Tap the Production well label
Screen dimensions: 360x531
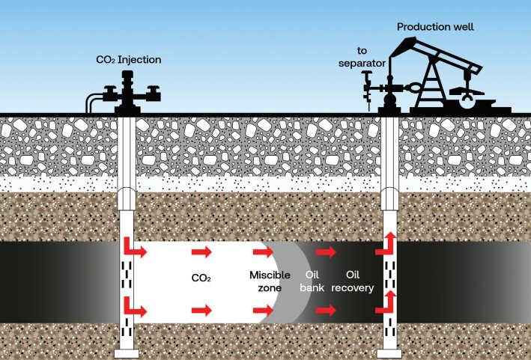pyautogui.click(x=435, y=27)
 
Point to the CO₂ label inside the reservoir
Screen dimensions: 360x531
pyautogui.click(x=201, y=278)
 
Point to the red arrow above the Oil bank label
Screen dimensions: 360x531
pyautogui.click(x=326, y=252)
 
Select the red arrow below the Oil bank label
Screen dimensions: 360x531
pyautogui.click(x=326, y=308)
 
